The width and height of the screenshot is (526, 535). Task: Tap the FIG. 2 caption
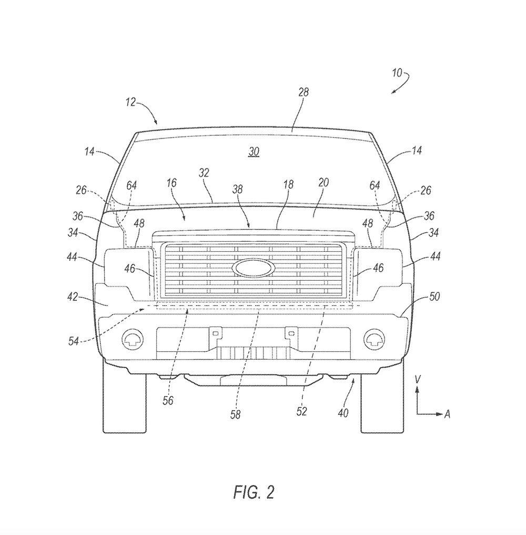[x=254, y=492]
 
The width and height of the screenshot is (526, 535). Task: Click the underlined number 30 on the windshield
[x=254, y=152]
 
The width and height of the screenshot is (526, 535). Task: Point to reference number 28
[x=304, y=92]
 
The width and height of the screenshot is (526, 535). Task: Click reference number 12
[x=131, y=102]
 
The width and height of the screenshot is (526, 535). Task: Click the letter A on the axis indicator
[x=447, y=414]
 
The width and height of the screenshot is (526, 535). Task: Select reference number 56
[x=168, y=401]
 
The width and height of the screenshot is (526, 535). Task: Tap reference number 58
[x=235, y=414]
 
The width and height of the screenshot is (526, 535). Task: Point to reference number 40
[x=343, y=413]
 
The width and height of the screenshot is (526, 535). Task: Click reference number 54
[x=73, y=341]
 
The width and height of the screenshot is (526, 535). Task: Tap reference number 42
[x=73, y=297]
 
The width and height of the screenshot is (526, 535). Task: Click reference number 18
[x=288, y=185]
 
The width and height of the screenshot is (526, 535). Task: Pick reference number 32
[x=204, y=172]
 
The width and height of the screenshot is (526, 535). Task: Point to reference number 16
[x=171, y=183]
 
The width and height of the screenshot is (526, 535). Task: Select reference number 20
[x=323, y=182]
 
